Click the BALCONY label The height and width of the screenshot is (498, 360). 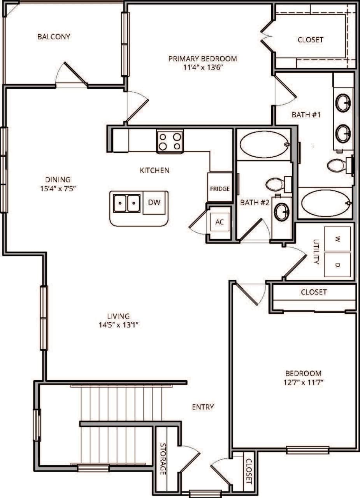54,37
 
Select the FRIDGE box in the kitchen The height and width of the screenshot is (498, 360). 220,188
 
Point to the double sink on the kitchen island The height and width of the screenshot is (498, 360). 126,203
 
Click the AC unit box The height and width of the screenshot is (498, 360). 220,223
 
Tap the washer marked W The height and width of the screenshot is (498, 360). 337,239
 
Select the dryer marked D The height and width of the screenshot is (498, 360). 337,265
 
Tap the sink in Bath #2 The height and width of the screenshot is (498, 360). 281,212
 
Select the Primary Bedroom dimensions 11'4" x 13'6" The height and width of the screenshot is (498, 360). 202,67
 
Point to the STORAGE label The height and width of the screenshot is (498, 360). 163,459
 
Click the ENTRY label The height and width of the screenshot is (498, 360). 203,407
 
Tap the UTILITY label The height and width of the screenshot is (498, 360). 316,252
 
